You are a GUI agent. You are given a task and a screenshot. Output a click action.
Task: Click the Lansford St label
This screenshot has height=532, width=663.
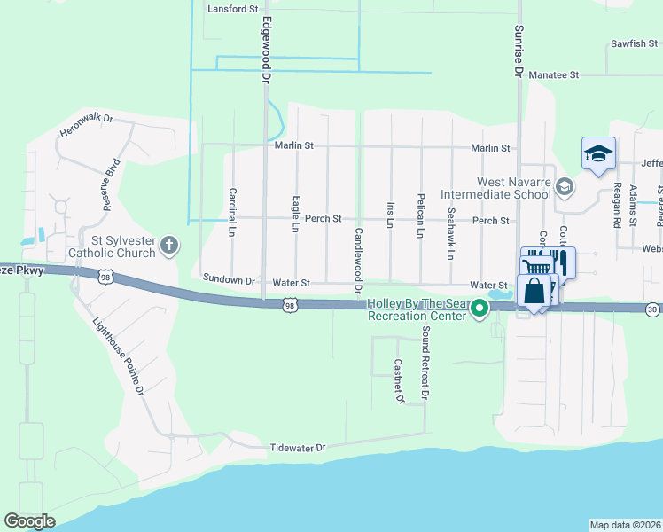pyautogui.click(x=232, y=8)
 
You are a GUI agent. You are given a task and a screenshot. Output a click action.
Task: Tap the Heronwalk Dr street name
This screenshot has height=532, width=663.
pyautogui.click(x=87, y=125)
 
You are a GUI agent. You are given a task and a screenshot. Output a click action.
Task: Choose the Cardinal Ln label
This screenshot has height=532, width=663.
pyautogui.click(x=233, y=212)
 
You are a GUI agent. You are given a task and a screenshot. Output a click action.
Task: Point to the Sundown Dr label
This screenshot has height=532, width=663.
pyautogui.click(x=229, y=279)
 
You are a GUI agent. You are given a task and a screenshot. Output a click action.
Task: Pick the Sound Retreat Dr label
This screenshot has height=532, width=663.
pyautogui.click(x=425, y=364)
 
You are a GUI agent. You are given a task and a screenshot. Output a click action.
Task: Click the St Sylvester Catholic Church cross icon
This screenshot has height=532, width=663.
pyautogui.click(x=169, y=244)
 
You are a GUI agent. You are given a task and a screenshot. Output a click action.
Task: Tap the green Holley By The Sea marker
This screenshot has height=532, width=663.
pyautogui.click(x=480, y=309)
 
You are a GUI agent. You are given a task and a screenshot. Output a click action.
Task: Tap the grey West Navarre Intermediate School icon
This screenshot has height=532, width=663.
pyautogui.click(x=566, y=186)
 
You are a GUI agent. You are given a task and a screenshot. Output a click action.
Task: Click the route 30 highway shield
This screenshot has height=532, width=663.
pyautogui.click(x=651, y=309)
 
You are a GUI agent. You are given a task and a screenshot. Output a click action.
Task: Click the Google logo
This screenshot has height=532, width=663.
pyautogui.click(x=29, y=521)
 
